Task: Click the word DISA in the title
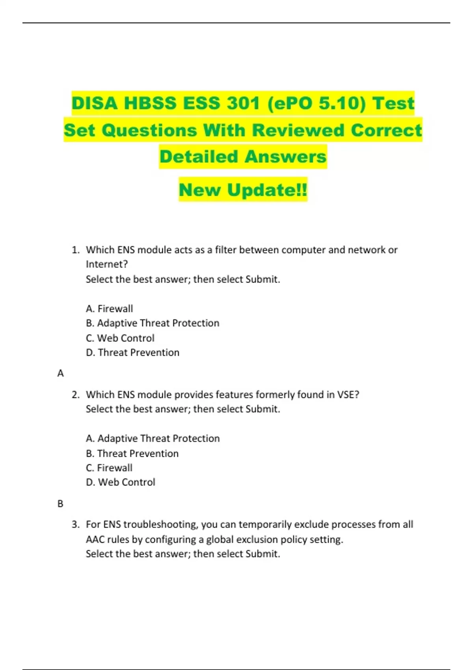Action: [94, 103]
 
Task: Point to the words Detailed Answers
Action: [243, 156]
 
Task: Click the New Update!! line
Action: [243, 190]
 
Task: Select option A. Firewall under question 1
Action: [110, 309]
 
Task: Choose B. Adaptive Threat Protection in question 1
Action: [153, 323]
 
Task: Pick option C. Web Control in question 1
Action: [120, 338]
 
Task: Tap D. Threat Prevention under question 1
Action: [133, 353]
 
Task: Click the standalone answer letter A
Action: [60, 373]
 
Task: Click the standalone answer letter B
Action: [60, 504]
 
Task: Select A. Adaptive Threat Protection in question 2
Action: [153, 439]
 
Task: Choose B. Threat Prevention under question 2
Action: [132, 454]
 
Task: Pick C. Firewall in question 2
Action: [109, 468]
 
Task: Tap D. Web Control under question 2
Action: [121, 482]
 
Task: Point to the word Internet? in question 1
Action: [107, 264]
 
